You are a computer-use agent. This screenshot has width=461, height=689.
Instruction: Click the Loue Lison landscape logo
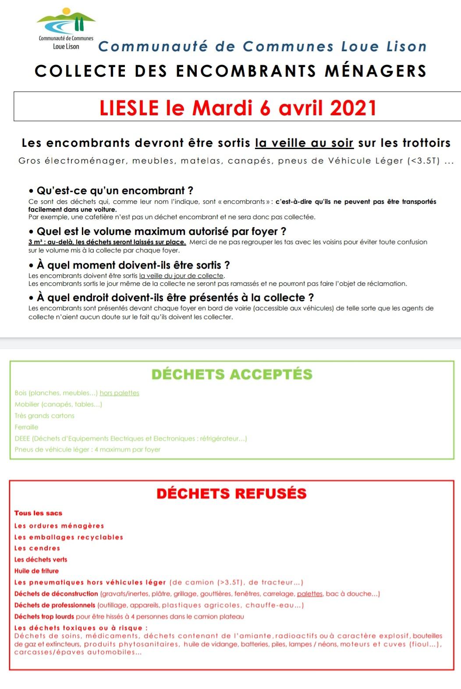[x=66, y=22]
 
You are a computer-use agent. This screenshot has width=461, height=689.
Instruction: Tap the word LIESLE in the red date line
[x=129, y=108]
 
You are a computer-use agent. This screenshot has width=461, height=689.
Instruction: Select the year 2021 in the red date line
[x=353, y=108]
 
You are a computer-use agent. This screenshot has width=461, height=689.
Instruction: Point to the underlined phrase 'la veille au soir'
[x=304, y=143]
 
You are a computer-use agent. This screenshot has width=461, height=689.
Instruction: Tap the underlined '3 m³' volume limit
[x=35, y=242]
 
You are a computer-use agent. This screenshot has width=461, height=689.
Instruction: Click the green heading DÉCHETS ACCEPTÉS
[x=232, y=374]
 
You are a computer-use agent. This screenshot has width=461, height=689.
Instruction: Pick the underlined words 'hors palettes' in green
[x=119, y=393]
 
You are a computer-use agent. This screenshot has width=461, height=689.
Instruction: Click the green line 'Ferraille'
[x=26, y=427]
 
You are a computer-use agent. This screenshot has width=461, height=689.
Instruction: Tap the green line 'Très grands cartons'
[x=44, y=416]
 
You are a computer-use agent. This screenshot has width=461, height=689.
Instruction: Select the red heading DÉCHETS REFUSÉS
[x=231, y=494]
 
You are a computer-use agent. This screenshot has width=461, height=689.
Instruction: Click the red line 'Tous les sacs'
[x=38, y=513]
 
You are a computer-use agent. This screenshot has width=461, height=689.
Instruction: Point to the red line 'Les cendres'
[x=37, y=548]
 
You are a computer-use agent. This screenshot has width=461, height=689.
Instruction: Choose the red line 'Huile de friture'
[x=36, y=571]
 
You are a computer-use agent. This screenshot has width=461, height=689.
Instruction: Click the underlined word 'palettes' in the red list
[x=309, y=594]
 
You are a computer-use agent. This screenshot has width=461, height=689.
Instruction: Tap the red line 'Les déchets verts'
[x=41, y=560]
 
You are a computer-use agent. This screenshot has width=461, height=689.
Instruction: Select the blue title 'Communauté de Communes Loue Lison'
[x=262, y=46]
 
